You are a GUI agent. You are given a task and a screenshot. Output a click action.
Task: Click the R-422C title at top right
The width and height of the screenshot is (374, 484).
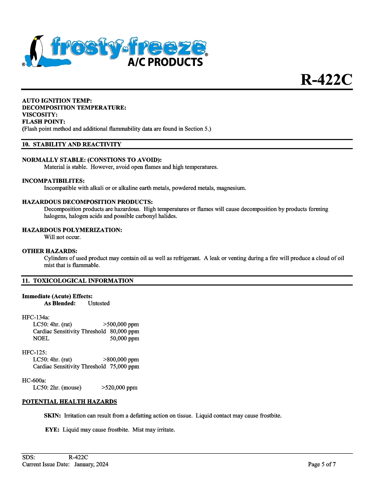tap(326, 79)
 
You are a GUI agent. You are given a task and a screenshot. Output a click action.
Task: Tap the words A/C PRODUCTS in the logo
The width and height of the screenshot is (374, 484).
tap(165, 62)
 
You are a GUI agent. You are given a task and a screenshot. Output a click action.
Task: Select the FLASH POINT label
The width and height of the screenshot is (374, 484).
tap(44, 122)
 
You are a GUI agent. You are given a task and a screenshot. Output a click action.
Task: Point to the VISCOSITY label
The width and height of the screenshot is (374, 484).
tap(40, 115)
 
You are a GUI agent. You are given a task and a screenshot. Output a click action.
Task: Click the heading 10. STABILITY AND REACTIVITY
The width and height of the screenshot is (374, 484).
tap(72, 144)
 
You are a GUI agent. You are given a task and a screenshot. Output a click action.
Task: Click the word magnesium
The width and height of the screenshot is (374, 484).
tap(231, 188)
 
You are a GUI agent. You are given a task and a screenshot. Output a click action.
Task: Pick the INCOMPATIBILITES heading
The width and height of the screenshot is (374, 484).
tap(53, 181)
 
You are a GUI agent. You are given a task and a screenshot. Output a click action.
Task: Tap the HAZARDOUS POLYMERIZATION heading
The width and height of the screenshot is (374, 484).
tap(72, 230)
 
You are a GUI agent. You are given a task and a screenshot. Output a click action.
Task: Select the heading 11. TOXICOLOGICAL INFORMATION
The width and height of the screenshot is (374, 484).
tap(78, 281)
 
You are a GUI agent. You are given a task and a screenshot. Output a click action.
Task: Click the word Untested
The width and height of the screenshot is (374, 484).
tap(99, 303)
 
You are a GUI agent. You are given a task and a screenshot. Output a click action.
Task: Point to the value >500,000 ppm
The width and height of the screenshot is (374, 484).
tap(121, 324)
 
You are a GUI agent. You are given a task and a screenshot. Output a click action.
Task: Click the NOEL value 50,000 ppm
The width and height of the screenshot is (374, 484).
tap(125, 338)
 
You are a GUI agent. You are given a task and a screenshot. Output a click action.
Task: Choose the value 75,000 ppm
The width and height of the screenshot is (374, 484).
tap(125, 367)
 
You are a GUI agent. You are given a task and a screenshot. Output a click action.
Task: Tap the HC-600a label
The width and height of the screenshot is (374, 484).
tap(34, 381)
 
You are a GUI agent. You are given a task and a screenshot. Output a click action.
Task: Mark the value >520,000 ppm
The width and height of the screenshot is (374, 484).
tap(120, 388)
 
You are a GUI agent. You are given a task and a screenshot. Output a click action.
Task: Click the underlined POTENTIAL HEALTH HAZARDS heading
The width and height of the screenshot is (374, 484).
tap(69, 402)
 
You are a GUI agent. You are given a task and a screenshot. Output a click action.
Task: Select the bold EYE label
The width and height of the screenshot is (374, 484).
tap(52, 430)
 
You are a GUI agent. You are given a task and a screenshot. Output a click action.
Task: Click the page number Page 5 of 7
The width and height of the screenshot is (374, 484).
tap(322, 464)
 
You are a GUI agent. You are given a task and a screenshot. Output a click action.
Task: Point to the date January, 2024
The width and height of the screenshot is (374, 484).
tap(91, 464)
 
